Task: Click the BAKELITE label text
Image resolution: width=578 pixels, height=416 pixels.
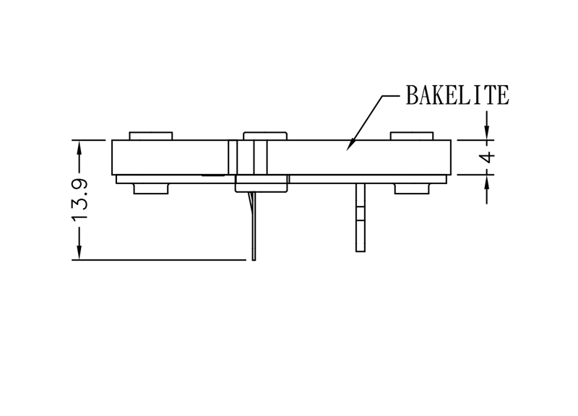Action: coord(457,95)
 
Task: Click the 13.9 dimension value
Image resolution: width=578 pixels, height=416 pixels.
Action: coord(79,200)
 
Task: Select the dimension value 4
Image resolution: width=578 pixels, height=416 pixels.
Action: coord(488,157)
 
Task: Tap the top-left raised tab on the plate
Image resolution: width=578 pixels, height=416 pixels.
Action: coord(151,136)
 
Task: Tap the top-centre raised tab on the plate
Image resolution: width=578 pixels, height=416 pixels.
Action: coord(265,136)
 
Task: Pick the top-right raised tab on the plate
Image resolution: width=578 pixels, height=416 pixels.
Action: coord(412,136)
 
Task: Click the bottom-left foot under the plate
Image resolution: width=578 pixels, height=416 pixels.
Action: coord(151,188)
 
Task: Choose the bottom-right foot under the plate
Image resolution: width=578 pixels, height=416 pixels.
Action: coord(412,188)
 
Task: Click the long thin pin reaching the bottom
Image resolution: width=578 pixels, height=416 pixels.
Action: coord(254,226)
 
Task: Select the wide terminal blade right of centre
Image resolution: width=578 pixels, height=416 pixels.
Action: coord(361,218)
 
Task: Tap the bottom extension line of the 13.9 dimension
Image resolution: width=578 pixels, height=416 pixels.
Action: coord(159,260)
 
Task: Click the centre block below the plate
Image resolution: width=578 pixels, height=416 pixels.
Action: coord(262,183)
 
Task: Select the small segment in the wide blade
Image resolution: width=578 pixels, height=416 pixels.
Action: coord(361,213)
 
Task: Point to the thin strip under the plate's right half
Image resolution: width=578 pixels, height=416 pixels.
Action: coord(368,179)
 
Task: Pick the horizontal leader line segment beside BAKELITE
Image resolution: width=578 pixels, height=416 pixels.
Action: coord(390,96)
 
